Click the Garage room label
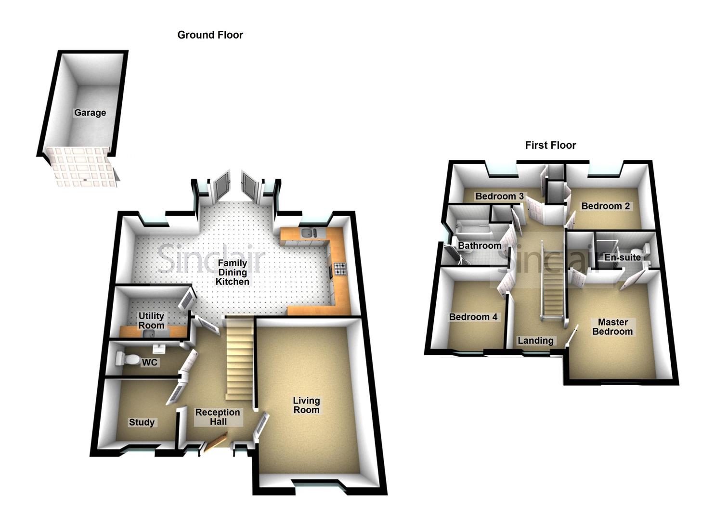(90, 113)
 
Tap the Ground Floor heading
(210, 35)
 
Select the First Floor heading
(550, 145)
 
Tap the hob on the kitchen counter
(340, 269)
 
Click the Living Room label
(306, 405)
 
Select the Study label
(142, 422)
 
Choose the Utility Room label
(151, 320)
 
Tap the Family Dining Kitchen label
(232, 272)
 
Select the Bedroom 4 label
(473, 317)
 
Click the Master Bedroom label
(612, 326)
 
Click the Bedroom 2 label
(605, 206)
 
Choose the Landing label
(535, 340)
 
